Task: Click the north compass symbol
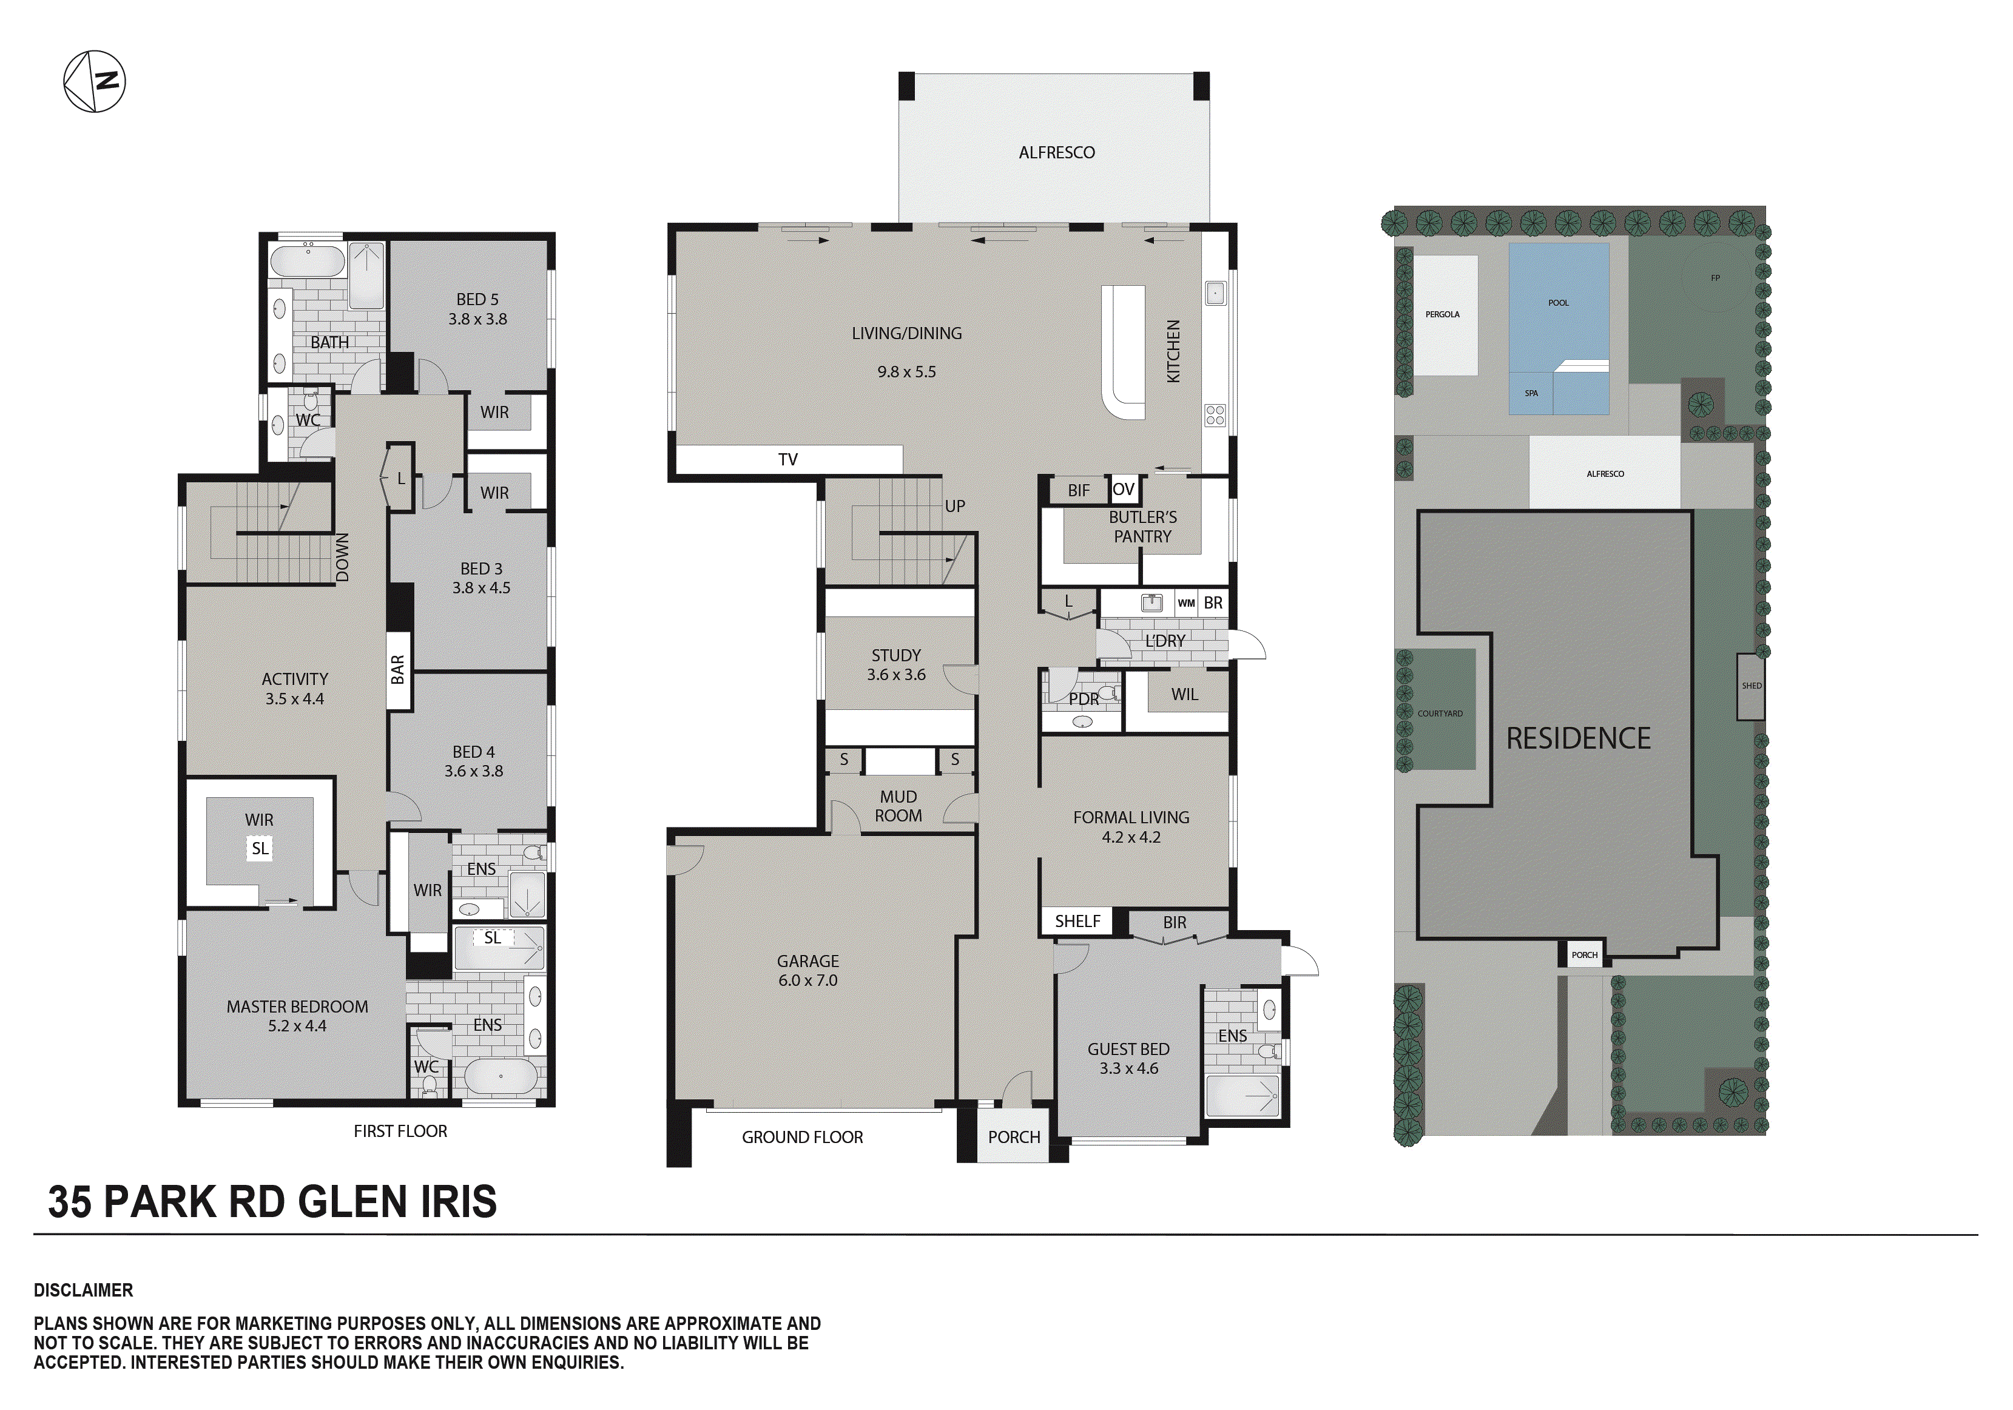coord(95,81)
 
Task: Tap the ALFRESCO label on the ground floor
coord(1056,152)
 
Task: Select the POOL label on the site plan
coord(1558,303)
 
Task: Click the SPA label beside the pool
coord(1531,393)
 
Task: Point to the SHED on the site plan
coord(1751,686)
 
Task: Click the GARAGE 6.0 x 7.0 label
coord(808,971)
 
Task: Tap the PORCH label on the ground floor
coord(1014,1138)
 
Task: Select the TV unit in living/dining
coord(788,459)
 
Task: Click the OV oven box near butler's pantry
coord(1123,489)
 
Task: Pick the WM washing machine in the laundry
coord(1186,603)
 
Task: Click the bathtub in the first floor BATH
coord(307,261)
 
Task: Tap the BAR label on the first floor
coord(398,670)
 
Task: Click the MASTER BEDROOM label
coord(297,1016)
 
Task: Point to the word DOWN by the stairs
coord(343,558)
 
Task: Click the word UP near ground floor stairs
coord(955,506)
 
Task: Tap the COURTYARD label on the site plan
coord(1440,713)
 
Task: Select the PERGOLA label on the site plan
coord(1442,314)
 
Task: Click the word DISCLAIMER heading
coord(83,1290)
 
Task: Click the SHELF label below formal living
coord(1077,921)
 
